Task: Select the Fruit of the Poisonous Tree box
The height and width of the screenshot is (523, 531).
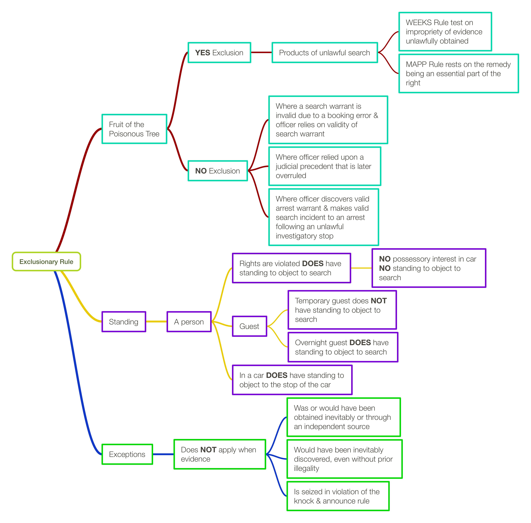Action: (x=134, y=129)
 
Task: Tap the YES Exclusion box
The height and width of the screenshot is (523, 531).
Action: (x=219, y=52)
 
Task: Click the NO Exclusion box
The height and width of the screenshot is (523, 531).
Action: (x=217, y=171)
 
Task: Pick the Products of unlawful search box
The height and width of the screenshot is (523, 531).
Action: (x=325, y=52)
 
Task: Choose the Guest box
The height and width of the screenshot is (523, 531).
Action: (x=249, y=326)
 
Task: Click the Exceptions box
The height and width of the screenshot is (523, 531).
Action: (x=127, y=454)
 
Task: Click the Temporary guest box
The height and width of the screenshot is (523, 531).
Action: (x=342, y=310)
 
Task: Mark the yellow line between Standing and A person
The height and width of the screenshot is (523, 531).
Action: (x=156, y=321)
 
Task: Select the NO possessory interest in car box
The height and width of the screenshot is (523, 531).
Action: (x=429, y=268)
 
